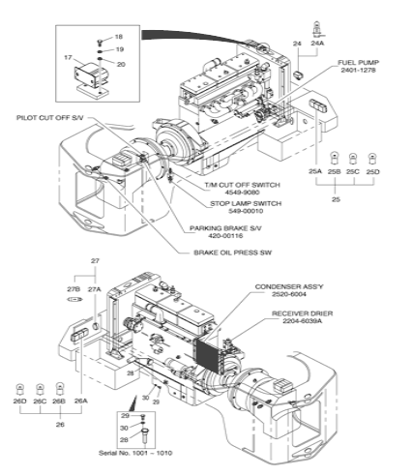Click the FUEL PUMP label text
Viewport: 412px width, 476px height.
[x=358, y=63]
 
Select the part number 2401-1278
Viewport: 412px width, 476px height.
[x=358, y=70]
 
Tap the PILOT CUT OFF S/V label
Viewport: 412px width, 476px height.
[x=50, y=118]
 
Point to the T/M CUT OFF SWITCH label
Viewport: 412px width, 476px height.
[x=243, y=185]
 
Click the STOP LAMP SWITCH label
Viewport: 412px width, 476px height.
[x=246, y=203]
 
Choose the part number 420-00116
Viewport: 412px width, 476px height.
[x=225, y=236]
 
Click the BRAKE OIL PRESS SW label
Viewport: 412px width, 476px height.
[x=233, y=253]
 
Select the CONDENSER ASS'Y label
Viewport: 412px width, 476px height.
[x=289, y=286]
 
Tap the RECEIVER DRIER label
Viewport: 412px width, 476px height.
[x=303, y=313]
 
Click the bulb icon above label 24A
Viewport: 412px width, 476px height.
[x=317, y=29]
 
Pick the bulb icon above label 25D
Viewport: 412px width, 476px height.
[x=372, y=159]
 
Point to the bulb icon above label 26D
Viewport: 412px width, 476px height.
[x=20, y=389]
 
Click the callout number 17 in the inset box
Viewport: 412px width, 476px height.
[x=68, y=57]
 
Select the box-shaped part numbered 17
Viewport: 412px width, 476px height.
[x=87, y=75]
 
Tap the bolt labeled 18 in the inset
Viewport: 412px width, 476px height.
[x=100, y=42]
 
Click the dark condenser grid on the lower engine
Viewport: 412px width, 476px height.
[x=207, y=354]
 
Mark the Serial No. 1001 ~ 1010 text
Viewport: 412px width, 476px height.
[x=135, y=453]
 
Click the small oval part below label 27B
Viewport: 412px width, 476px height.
[x=74, y=299]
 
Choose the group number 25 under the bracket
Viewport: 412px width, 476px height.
[x=336, y=199]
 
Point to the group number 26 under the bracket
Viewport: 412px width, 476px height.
[x=60, y=425]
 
